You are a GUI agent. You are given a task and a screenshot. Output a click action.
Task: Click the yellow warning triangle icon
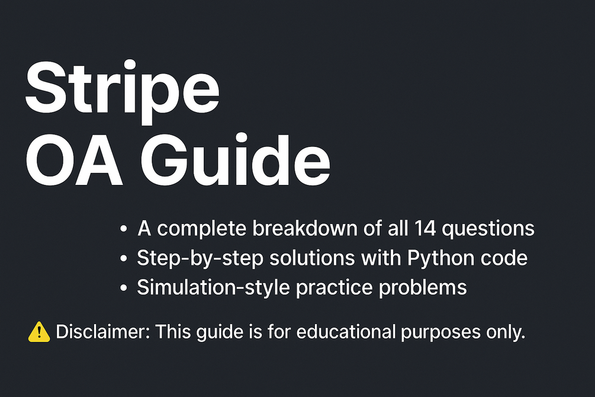click(x=39, y=332)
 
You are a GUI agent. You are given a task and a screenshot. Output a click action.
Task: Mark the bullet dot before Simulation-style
click(x=123, y=289)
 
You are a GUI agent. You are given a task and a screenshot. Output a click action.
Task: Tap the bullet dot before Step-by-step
click(x=123, y=259)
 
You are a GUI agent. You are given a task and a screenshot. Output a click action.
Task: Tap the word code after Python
click(x=505, y=258)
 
